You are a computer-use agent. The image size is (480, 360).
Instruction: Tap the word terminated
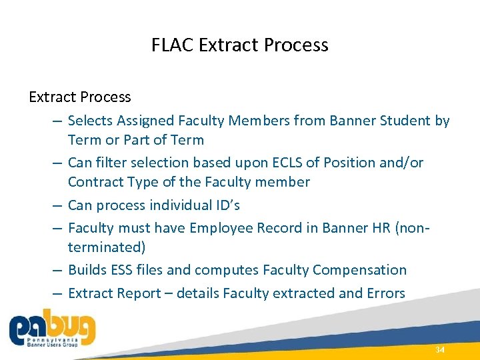pos(107,247)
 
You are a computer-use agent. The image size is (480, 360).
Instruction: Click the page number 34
pos(439,350)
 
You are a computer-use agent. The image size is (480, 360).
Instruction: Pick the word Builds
pos(88,270)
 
